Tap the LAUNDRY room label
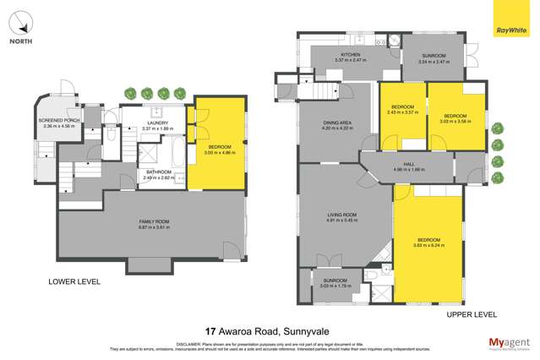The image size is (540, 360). pyautogui.click(x=156, y=123)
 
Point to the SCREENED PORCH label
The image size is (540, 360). pyautogui.click(x=58, y=121)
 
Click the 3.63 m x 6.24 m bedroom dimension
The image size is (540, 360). pyautogui.click(x=428, y=246)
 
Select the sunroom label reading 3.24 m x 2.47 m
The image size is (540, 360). pyautogui.click(x=431, y=63)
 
